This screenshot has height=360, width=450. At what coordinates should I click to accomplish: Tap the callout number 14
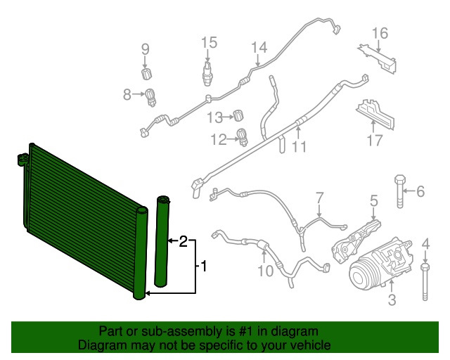click(259, 47)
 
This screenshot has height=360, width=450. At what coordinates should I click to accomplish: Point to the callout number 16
click(380, 33)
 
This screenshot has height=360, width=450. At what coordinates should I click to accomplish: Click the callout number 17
click(373, 140)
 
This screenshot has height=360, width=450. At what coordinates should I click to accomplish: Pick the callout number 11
click(300, 147)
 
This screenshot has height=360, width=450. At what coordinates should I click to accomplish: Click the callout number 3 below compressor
click(392, 301)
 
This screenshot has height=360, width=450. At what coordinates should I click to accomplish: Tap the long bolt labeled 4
click(425, 285)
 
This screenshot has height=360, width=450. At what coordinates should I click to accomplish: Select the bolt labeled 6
click(400, 191)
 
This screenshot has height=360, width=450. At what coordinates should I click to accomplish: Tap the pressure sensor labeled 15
click(208, 70)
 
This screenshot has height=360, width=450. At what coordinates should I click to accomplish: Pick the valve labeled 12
click(243, 136)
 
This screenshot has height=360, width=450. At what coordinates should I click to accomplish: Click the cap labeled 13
click(238, 115)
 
